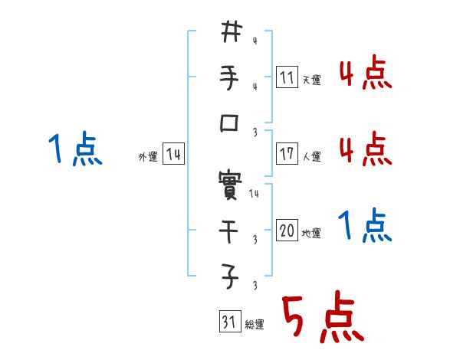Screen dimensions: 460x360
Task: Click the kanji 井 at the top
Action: [231, 32]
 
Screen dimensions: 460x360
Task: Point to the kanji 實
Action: [231, 183]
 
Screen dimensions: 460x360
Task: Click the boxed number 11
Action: [287, 77]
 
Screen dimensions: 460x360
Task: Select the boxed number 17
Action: [287, 154]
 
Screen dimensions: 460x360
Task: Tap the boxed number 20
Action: [287, 231]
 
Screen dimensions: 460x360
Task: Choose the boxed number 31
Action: [228, 322]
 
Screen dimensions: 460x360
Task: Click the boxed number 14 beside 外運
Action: [173, 155]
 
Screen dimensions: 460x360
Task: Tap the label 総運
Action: [254, 325]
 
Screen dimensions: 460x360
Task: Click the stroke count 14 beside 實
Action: [254, 195]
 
